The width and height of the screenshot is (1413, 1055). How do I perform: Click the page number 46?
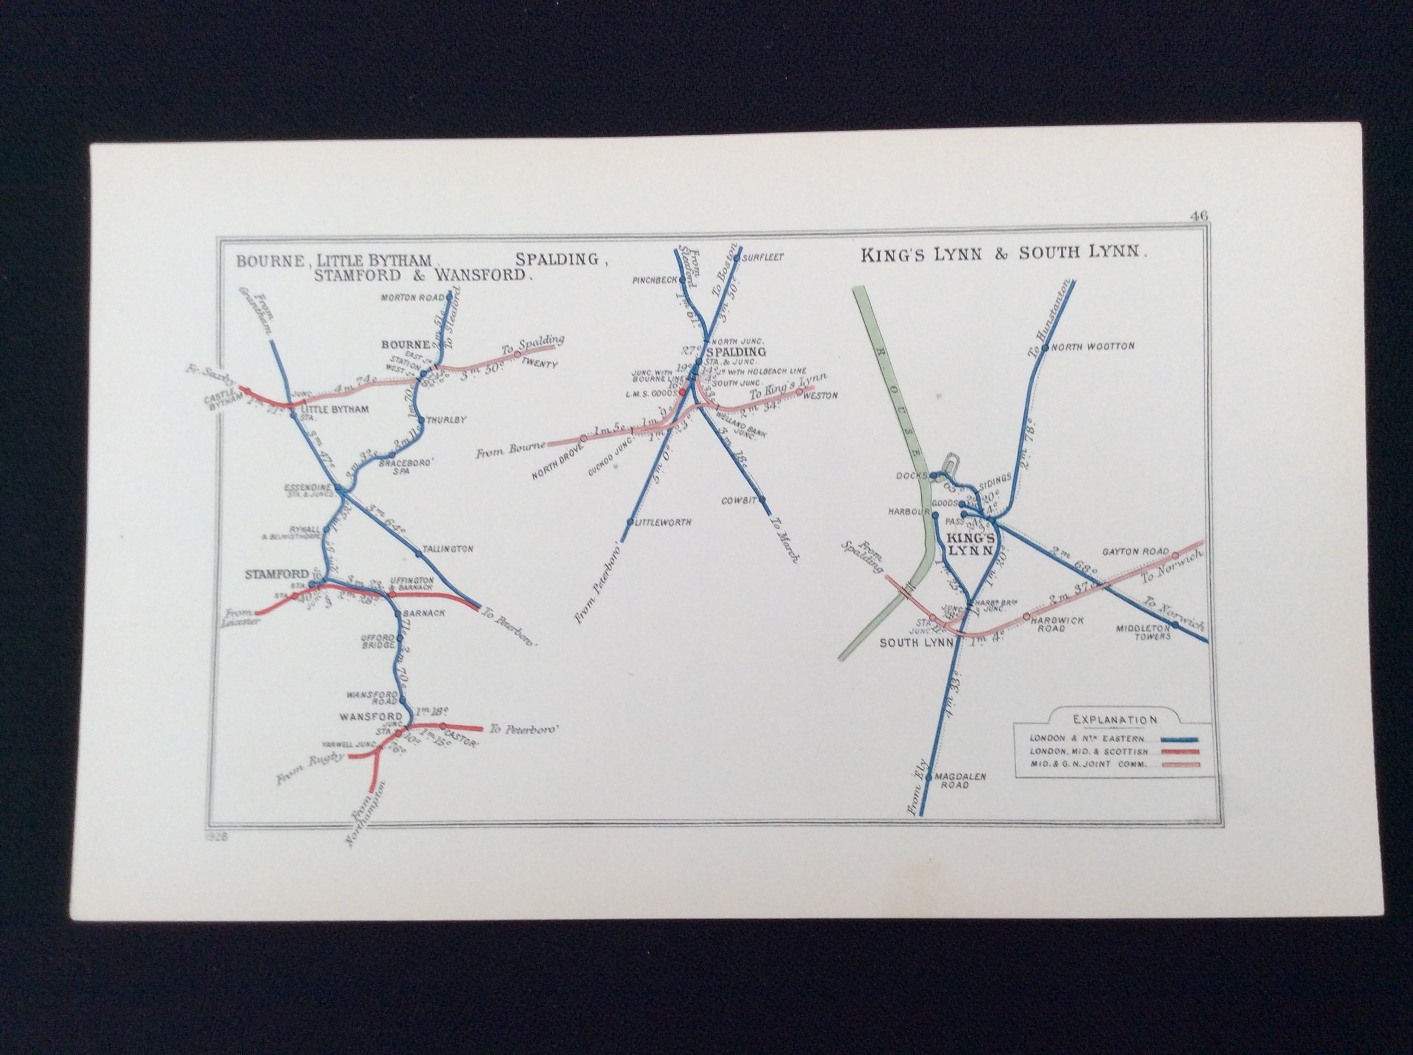click(x=1198, y=216)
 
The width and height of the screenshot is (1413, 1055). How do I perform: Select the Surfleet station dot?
click(x=736, y=258)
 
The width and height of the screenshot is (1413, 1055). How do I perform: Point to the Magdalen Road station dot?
click(x=929, y=777)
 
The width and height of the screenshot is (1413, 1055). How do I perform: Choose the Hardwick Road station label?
click(x=1050, y=624)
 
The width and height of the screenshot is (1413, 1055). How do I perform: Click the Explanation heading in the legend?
click(x=1114, y=720)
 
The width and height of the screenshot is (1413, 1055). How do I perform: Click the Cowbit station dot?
click(x=762, y=500)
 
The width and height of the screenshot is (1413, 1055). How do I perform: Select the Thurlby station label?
click(x=446, y=420)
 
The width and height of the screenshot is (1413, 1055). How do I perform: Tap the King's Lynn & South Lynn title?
click(x=1004, y=253)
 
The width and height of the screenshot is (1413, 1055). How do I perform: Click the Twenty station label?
click(x=540, y=364)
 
